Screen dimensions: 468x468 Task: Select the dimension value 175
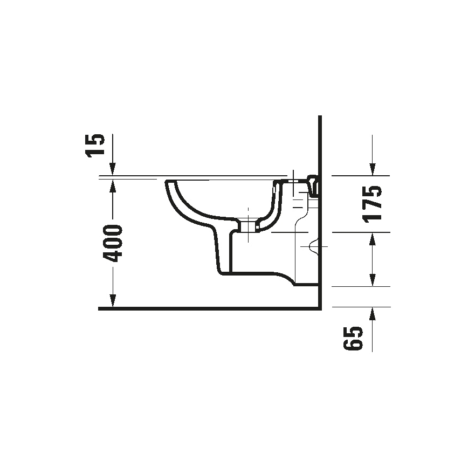pyautogui.click(x=372, y=203)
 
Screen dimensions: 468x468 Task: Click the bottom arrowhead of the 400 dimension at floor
pyautogui.click(x=112, y=302)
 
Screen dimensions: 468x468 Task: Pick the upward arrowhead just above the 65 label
pyautogui.click(x=372, y=314)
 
